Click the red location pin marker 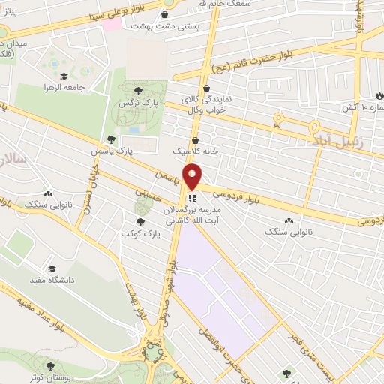192,177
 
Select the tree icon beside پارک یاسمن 112,139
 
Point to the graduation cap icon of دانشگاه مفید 52,268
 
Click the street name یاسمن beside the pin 166,176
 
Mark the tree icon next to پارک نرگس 136,90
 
